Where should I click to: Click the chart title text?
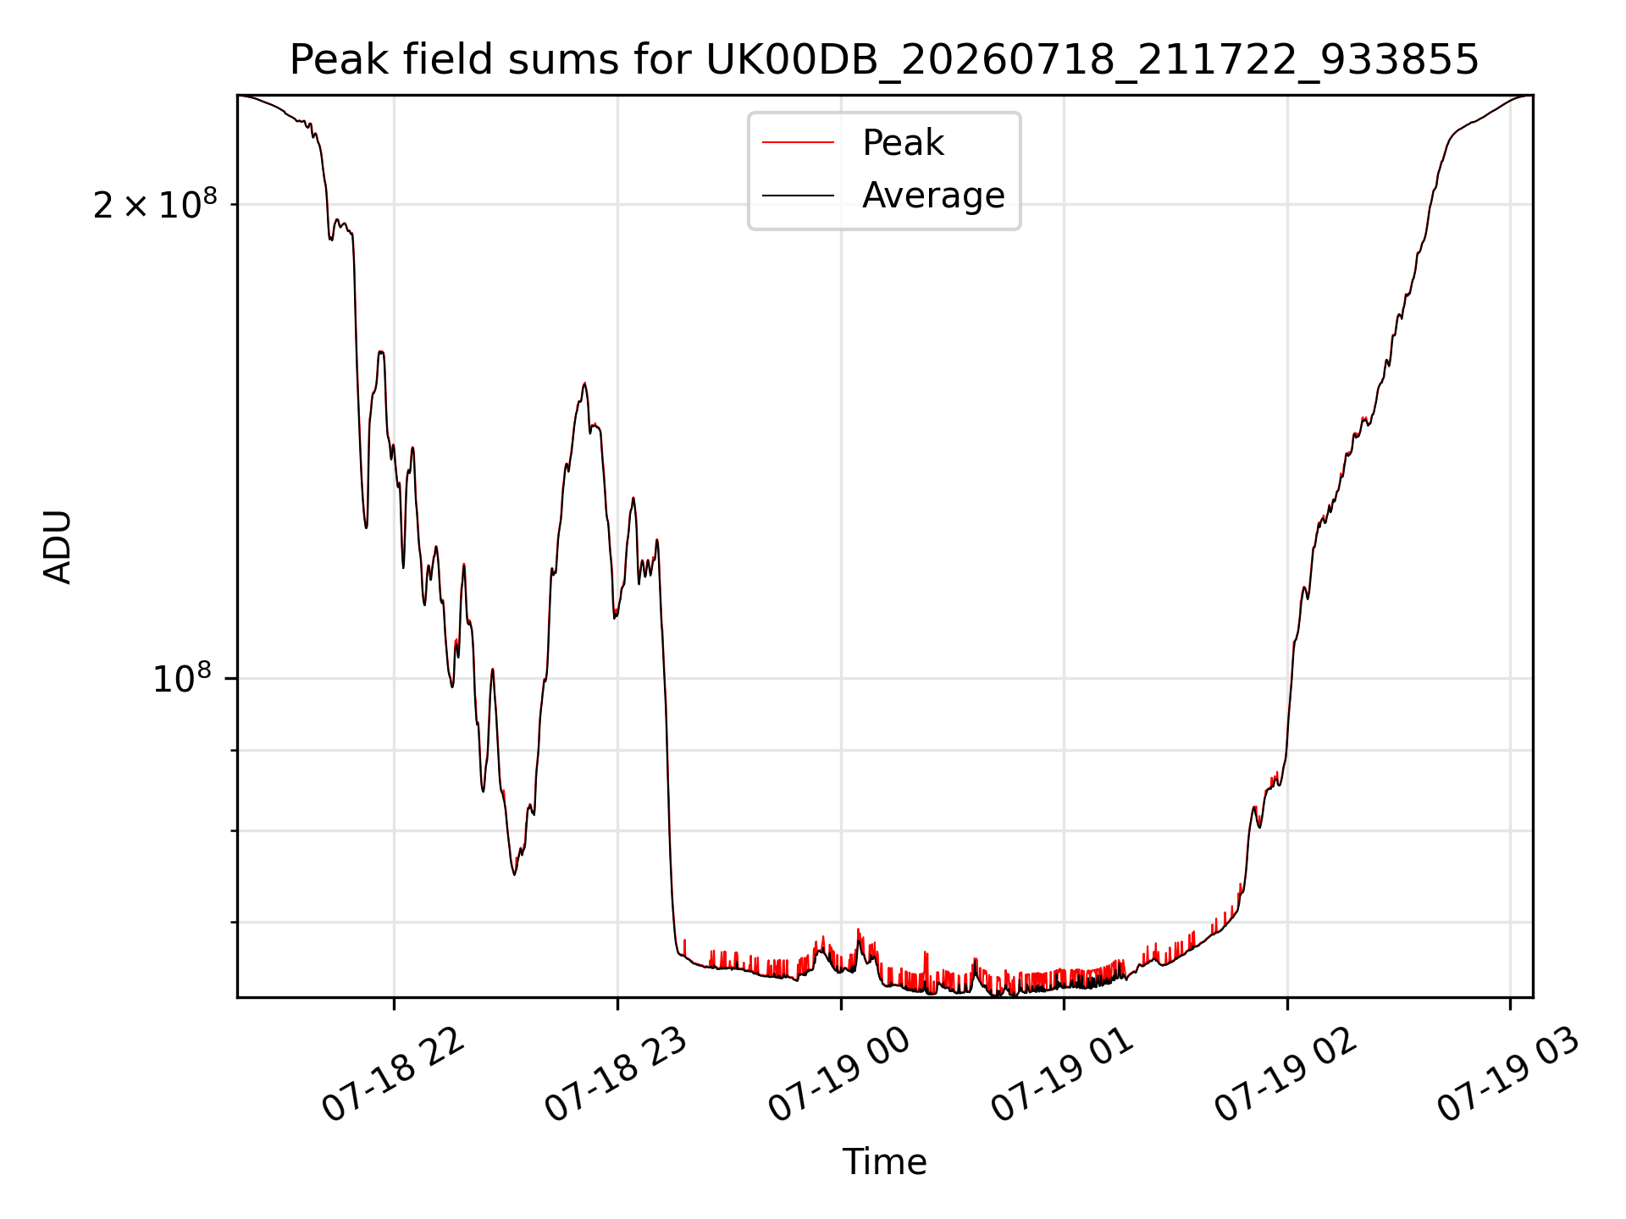click(884, 60)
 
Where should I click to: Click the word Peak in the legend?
click(903, 142)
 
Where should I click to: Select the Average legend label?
click(933, 196)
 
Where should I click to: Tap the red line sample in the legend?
click(798, 142)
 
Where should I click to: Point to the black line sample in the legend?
click(798, 196)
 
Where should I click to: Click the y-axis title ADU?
click(58, 546)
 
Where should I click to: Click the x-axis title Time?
click(884, 1162)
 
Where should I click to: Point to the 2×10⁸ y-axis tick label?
click(155, 204)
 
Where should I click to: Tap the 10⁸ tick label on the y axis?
click(182, 678)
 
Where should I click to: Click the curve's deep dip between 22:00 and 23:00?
click(514, 874)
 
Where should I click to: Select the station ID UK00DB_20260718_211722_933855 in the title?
click(1092, 61)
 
